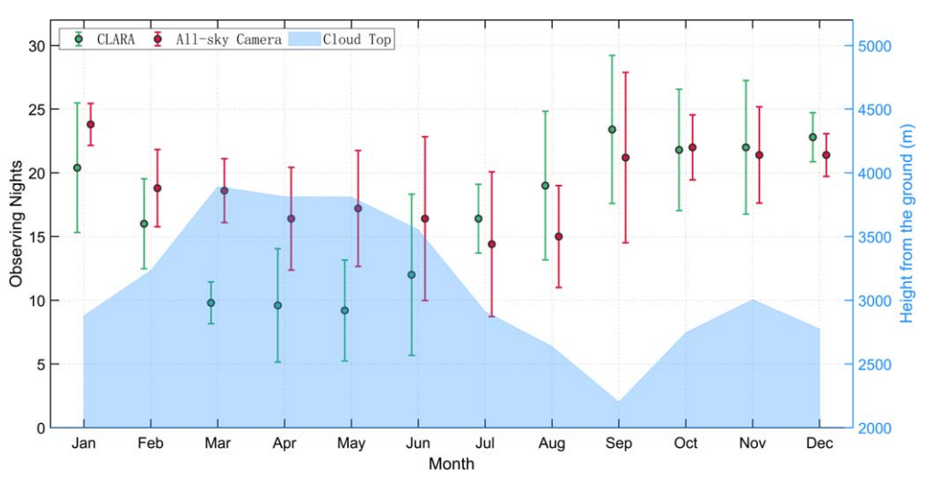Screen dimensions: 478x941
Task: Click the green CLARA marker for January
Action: (x=77, y=168)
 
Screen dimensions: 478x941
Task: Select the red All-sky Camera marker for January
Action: (x=91, y=124)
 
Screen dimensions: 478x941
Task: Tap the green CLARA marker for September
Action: (x=611, y=129)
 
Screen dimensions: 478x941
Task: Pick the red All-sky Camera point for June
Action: (x=425, y=218)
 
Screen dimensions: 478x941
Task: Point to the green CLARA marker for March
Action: (x=211, y=302)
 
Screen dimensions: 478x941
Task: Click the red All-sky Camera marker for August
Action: (x=558, y=236)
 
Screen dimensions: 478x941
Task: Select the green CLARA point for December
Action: (x=812, y=136)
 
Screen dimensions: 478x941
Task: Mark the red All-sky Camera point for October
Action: (x=692, y=147)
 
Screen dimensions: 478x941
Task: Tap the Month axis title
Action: (x=451, y=464)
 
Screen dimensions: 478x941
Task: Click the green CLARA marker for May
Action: (x=344, y=310)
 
